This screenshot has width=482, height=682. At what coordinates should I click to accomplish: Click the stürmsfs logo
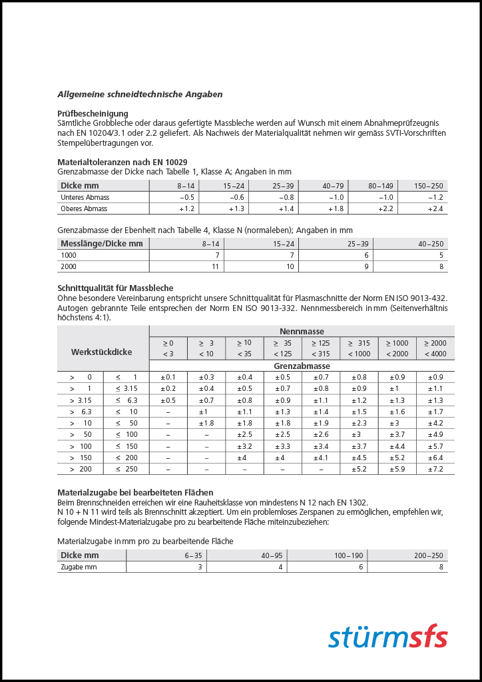[x=387, y=636]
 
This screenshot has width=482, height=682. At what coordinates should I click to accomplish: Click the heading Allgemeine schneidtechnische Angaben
[x=140, y=95]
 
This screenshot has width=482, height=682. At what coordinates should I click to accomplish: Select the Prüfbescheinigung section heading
[x=93, y=114]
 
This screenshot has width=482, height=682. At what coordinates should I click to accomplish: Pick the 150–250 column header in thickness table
[x=428, y=186]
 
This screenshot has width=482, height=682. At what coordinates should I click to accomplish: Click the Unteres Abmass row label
[x=85, y=198]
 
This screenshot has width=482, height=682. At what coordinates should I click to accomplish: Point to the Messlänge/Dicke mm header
[x=102, y=244]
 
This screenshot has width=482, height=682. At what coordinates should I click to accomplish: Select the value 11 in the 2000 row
[x=215, y=266]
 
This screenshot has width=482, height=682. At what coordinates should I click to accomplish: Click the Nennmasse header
[x=302, y=331]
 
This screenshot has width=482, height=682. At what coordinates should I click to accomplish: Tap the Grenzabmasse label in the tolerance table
[x=302, y=366]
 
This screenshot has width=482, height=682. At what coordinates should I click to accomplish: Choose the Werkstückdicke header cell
[x=102, y=352]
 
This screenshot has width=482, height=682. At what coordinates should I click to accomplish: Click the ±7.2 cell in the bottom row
[x=435, y=469]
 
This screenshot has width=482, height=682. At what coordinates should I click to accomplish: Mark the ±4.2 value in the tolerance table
[x=435, y=423]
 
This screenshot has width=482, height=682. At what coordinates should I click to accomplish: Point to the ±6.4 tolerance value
[x=435, y=458]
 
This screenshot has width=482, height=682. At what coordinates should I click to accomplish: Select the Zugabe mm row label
[x=79, y=567]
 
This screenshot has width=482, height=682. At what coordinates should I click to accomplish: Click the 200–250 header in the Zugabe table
[x=427, y=555]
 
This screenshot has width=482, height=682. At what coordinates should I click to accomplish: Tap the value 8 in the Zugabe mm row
[x=441, y=567]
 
